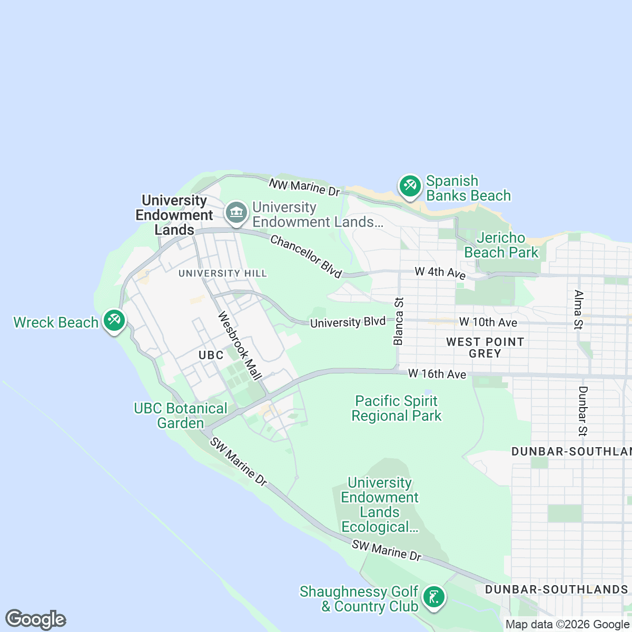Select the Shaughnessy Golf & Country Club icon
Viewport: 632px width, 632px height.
pyautogui.click(x=433, y=598)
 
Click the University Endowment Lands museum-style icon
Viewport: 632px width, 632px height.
pyautogui.click(x=236, y=213)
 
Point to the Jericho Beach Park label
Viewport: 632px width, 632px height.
pyautogui.click(x=501, y=245)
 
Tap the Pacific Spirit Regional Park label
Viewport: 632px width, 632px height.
pyautogui.click(x=396, y=409)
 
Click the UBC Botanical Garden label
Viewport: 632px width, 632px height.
pyautogui.click(x=180, y=416)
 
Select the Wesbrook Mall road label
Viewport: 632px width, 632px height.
pyautogui.click(x=240, y=346)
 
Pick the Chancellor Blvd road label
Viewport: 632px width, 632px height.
pyautogui.click(x=305, y=256)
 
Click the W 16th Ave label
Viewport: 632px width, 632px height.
pyautogui.click(x=437, y=374)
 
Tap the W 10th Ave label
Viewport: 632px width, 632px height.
pyautogui.click(x=488, y=322)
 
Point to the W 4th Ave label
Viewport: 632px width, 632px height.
pyautogui.click(x=440, y=273)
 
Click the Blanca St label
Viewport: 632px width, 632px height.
pyautogui.click(x=399, y=321)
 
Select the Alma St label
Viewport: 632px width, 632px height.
pyautogui.click(x=578, y=310)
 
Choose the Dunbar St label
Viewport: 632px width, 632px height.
pyautogui.click(x=582, y=411)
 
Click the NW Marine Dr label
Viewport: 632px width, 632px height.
pyautogui.click(x=304, y=187)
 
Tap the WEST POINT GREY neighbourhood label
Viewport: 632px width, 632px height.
pyautogui.click(x=485, y=348)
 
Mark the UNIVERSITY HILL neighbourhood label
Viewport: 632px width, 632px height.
pyautogui.click(x=222, y=273)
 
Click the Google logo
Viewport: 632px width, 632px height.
pyautogui.click(x=35, y=619)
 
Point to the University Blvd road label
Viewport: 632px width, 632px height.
pyautogui.click(x=348, y=322)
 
